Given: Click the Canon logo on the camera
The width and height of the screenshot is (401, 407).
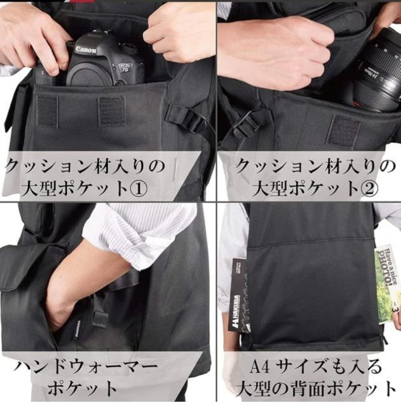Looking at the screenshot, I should [86, 50].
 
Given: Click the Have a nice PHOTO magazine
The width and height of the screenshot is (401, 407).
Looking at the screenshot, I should [387, 283].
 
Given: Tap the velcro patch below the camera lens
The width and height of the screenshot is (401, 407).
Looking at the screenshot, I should [343, 130].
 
